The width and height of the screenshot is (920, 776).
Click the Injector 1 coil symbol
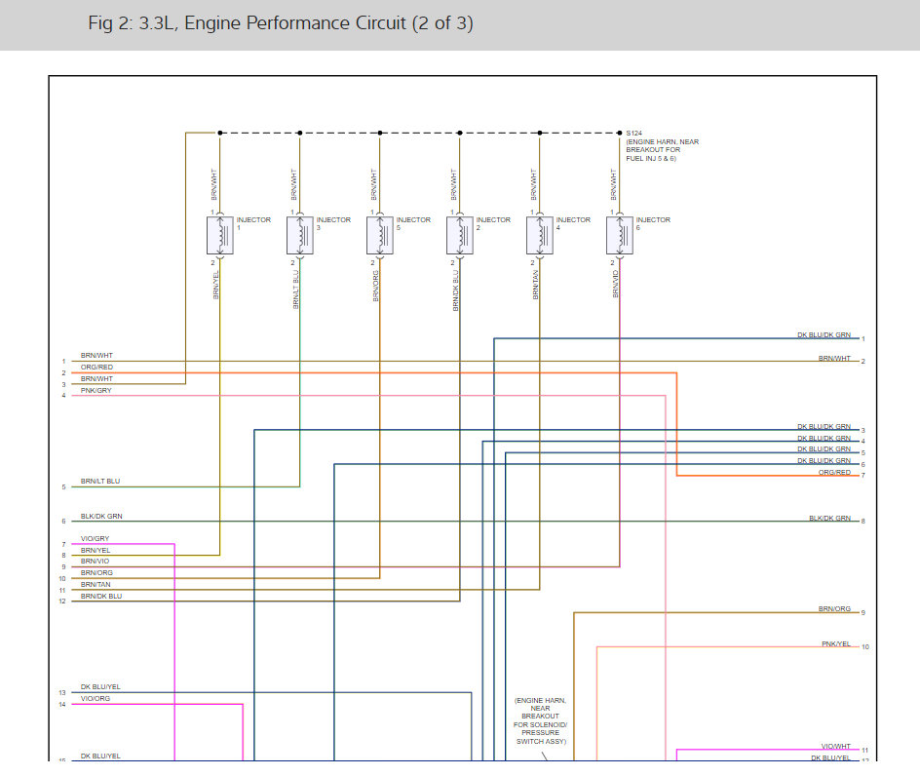click(220, 236)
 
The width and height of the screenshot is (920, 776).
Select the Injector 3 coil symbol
click(300, 236)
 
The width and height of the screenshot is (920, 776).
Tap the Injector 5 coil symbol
click(380, 236)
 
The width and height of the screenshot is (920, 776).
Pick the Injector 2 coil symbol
click(460, 236)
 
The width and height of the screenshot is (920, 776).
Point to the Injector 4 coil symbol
click(540, 236)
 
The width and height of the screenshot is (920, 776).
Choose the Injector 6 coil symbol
click(620, 236)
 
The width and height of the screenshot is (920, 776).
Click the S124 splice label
click(634, 133)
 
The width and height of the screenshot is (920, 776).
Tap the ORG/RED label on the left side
click(96, 367)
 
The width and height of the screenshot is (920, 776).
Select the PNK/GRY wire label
click(96, 390)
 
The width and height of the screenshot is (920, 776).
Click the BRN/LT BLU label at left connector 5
click(100, 481)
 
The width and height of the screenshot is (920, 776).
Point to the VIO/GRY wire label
click(95, 538)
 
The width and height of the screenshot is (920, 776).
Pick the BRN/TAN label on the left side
click(96, 584)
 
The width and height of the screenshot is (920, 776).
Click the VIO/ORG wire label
click(95, 698)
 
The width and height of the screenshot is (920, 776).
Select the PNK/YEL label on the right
click(836, 643)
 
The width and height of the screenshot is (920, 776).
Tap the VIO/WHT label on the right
click(836, 746)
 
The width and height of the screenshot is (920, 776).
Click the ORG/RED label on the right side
click(835, 472)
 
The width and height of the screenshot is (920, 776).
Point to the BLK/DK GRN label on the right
click(829, 518)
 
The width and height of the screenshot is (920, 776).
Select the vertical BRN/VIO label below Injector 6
click(616, 286)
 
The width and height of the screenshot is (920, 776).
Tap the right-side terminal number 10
click(865, 647)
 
